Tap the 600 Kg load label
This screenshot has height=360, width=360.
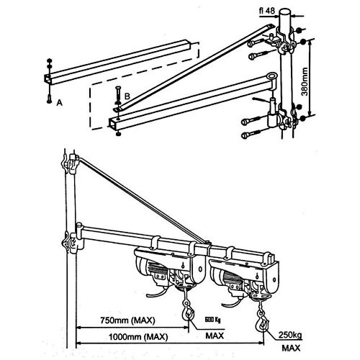(211, 320)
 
